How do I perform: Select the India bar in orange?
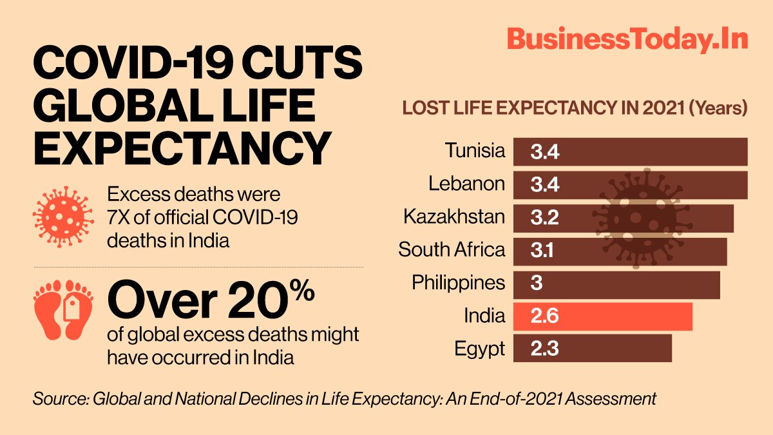pos(602,316)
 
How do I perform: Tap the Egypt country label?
pos(479,349)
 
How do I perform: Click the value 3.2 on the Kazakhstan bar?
pos(544,218)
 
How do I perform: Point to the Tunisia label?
pos(475,151)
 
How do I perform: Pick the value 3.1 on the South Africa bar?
pos(544,251)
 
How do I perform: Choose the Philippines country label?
pos(458,283)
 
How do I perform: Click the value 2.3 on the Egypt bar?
pos(544,349)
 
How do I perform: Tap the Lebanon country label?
pos(466,184)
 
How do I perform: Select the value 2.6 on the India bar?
pos(544,316)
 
